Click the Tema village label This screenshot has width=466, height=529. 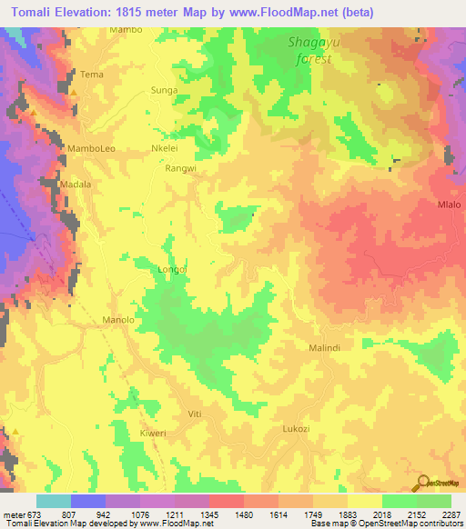click(92, 74)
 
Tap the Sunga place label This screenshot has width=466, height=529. click(164, 92)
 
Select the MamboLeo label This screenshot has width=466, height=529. click(91, 147)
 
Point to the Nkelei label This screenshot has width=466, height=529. click(163, 147)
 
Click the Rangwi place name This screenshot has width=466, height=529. click(180, 168)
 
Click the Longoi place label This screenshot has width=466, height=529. click(172, 269)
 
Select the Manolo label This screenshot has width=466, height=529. click(118, 320)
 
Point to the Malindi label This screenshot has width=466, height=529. click(324, 348)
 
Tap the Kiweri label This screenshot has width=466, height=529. click(153, 434)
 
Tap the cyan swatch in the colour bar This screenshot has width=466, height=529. click(54, 501)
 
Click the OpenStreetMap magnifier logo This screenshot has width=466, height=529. click(420, 483)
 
